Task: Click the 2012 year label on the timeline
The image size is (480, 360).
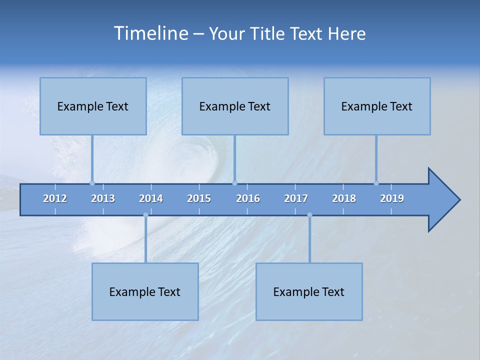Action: click(x=55, y=198)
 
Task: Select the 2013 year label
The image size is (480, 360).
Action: click(x=103, y=198)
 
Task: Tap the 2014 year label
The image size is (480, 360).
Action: click(x=151, y=198)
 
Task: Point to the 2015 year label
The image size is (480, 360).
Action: click(x=199, y=198)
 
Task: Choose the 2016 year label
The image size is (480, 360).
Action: click(x=248, y=198)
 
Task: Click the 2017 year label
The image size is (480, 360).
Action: click(x=296, y=198)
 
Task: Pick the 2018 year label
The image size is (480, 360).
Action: click(x=344, y=198)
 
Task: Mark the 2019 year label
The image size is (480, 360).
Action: click(x=392, y=198)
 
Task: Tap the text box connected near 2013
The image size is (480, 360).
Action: click(x=93, y=106)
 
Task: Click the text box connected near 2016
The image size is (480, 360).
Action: click(x=235, y=106)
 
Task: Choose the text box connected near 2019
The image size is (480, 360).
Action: click(x=377, y=106)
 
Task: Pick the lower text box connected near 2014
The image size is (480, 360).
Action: click(x=145, y=291)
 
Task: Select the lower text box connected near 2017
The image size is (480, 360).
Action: click(x=309, y=291)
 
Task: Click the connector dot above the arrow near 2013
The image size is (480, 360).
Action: click(x=92, y=183)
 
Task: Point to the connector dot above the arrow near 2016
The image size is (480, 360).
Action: click(x=235, y=183)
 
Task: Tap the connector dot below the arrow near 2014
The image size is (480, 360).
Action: click(x=145, y=215)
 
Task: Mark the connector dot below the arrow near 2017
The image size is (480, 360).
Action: click(x=309, y=215)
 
